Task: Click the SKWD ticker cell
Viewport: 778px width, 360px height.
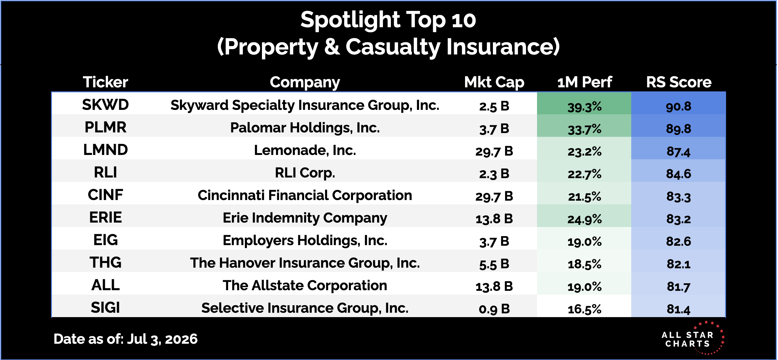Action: coord(105,105)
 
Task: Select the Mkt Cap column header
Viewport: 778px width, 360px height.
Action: coord(494,82)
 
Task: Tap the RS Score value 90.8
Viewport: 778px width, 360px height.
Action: coord(678,106)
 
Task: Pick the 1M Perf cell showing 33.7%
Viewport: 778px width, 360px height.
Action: coord(585,129)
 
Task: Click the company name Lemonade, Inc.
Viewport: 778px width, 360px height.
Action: coord(305,150)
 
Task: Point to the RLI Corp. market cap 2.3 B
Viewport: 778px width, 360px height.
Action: coord(494,174)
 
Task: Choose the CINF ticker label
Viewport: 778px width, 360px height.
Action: coord(105,195)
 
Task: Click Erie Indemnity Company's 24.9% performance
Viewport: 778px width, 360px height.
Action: coord(585,219)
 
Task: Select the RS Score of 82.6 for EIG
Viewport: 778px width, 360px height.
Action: coord(678,241)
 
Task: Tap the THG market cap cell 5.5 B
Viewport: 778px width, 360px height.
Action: coord(494,264)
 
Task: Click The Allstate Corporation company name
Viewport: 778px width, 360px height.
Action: coord(305,285)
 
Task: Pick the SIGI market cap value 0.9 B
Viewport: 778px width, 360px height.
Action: coord(494,309)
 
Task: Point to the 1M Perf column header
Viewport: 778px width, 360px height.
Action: coord(585,82)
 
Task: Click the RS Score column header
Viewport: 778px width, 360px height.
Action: coord(679,82)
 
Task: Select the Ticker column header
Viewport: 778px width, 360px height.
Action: coord(105,82)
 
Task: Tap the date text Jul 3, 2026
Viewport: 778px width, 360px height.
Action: coord(162,339)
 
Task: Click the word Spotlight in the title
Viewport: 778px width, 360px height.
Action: coord(350,20)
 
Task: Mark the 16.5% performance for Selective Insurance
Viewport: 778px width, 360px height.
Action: coord(585,309)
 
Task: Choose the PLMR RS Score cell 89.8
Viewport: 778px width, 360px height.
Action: coord(678,129)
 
